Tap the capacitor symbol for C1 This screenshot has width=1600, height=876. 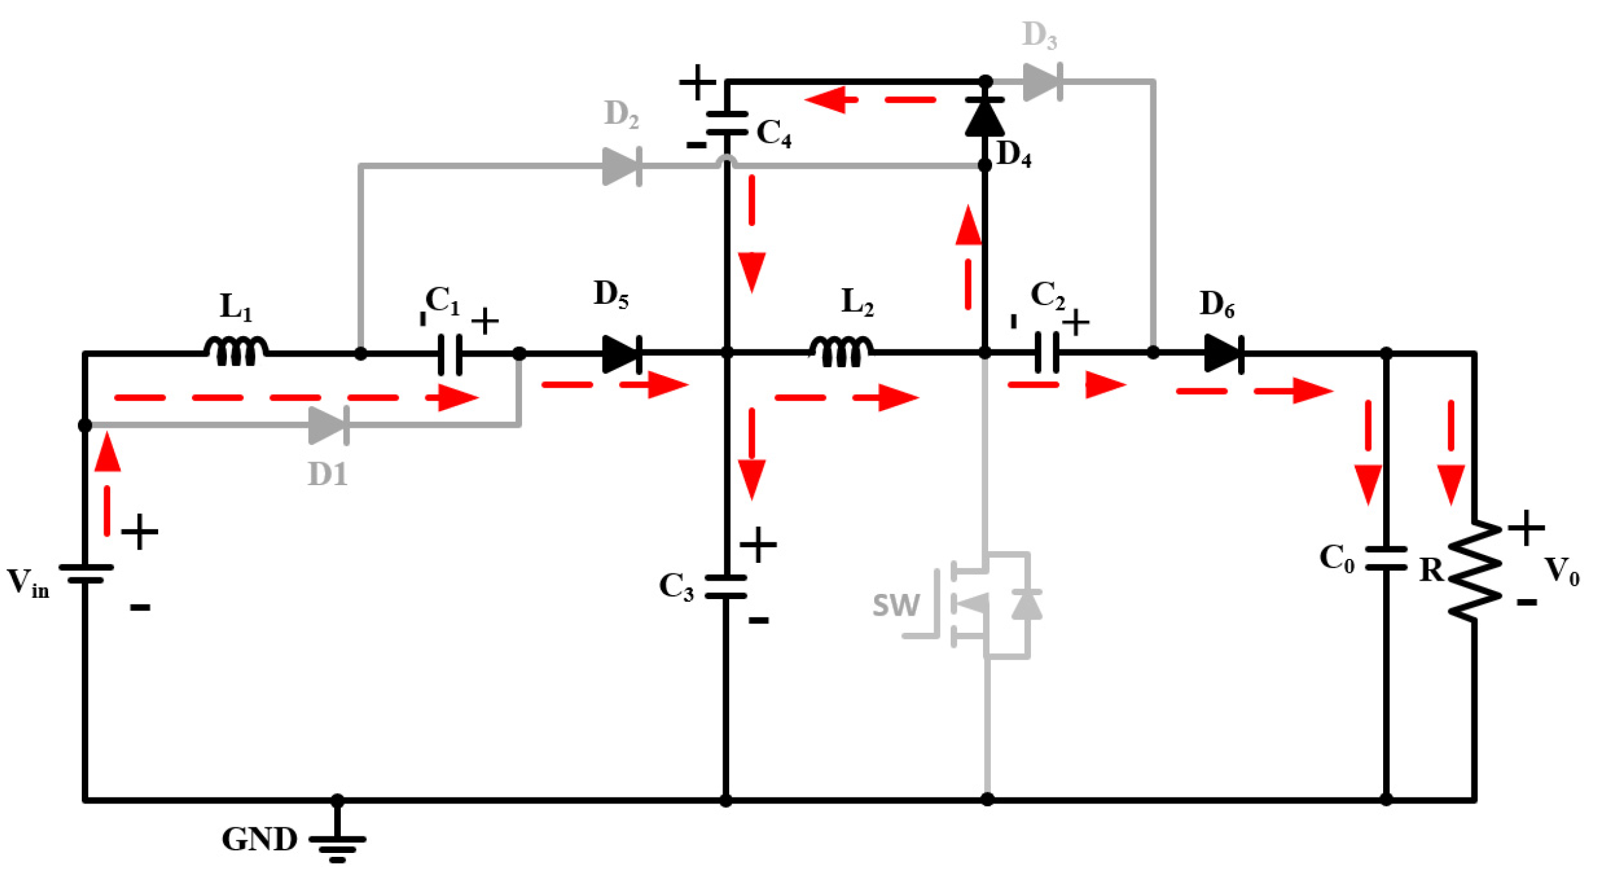[x=450, y=354]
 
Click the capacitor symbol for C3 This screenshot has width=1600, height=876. [x=726, y=587]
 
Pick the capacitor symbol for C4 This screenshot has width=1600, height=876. [x=726, y=123]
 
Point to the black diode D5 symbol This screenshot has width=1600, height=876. [x=621, y=354]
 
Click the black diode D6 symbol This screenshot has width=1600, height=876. [x=1223, y=353]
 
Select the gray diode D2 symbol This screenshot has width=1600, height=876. [x=621, y=166]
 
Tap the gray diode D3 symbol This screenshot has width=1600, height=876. [x=1042, y=82]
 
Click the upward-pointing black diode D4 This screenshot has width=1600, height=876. [x=984, y=117]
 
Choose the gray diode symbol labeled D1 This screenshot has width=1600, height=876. [x=328, y=425]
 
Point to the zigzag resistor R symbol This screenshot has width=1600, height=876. [x=1474, y=571]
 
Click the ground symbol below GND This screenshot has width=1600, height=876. [x=337, y=847]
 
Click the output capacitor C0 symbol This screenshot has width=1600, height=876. [x=1386, y=558]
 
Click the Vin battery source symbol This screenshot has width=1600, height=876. [x=85, y=573]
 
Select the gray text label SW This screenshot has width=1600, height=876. [x=895, y=604]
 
